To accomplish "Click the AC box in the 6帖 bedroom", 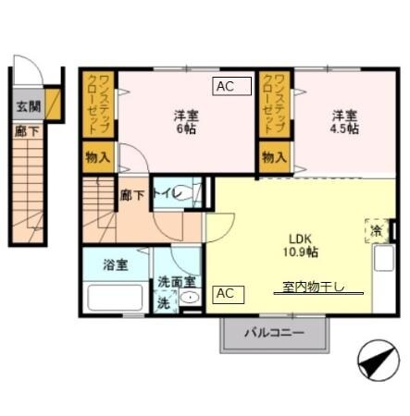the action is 231,86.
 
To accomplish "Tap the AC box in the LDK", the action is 228,295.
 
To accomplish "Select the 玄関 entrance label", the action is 28,106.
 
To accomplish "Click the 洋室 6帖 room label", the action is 186,122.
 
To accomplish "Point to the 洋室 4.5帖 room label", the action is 344,122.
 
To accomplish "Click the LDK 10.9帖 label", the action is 301,245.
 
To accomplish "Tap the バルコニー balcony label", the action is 274,333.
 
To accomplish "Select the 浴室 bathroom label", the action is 116,264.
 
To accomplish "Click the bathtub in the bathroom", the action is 115,298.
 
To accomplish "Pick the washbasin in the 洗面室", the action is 190,298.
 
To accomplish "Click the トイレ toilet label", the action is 167,193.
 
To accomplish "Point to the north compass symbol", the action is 379,361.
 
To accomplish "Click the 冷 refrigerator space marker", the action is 377,230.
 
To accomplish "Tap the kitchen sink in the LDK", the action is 384,258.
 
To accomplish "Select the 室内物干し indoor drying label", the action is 314,288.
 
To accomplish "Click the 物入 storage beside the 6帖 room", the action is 98,157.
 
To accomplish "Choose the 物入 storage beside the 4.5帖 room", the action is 274,157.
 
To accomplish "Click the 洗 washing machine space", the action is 165,301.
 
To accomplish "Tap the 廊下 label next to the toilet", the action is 132,195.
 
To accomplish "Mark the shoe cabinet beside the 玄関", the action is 53,104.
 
